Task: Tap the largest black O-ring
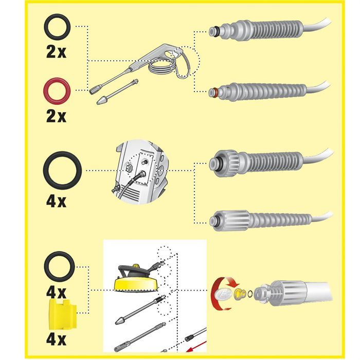click(x=61, y=170)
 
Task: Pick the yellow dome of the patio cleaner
click(x=127, y=283)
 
